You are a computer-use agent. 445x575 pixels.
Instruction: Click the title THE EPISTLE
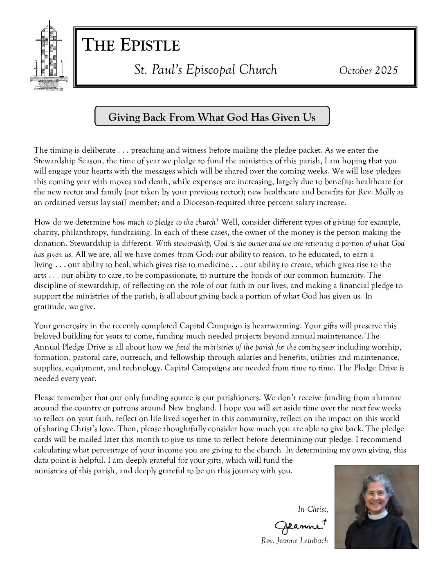coord(131,45)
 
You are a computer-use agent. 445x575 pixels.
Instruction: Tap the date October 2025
coord(368,70)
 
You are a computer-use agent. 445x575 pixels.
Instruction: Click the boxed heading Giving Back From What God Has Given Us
coord(212,117)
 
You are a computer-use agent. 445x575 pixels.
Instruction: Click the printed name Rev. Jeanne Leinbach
coord(294,541)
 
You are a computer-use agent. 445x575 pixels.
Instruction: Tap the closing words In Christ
coord(312,509)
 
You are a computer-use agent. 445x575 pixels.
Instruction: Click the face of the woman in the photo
coord(375,498)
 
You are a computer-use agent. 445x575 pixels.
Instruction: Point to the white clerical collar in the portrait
coord(375,515)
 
